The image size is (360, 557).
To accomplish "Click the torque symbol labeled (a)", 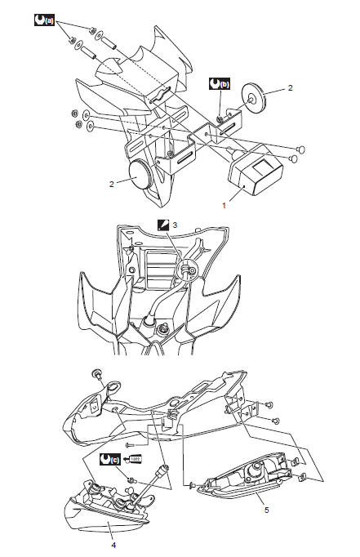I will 44,17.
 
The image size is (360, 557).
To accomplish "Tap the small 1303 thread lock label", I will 135,459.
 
